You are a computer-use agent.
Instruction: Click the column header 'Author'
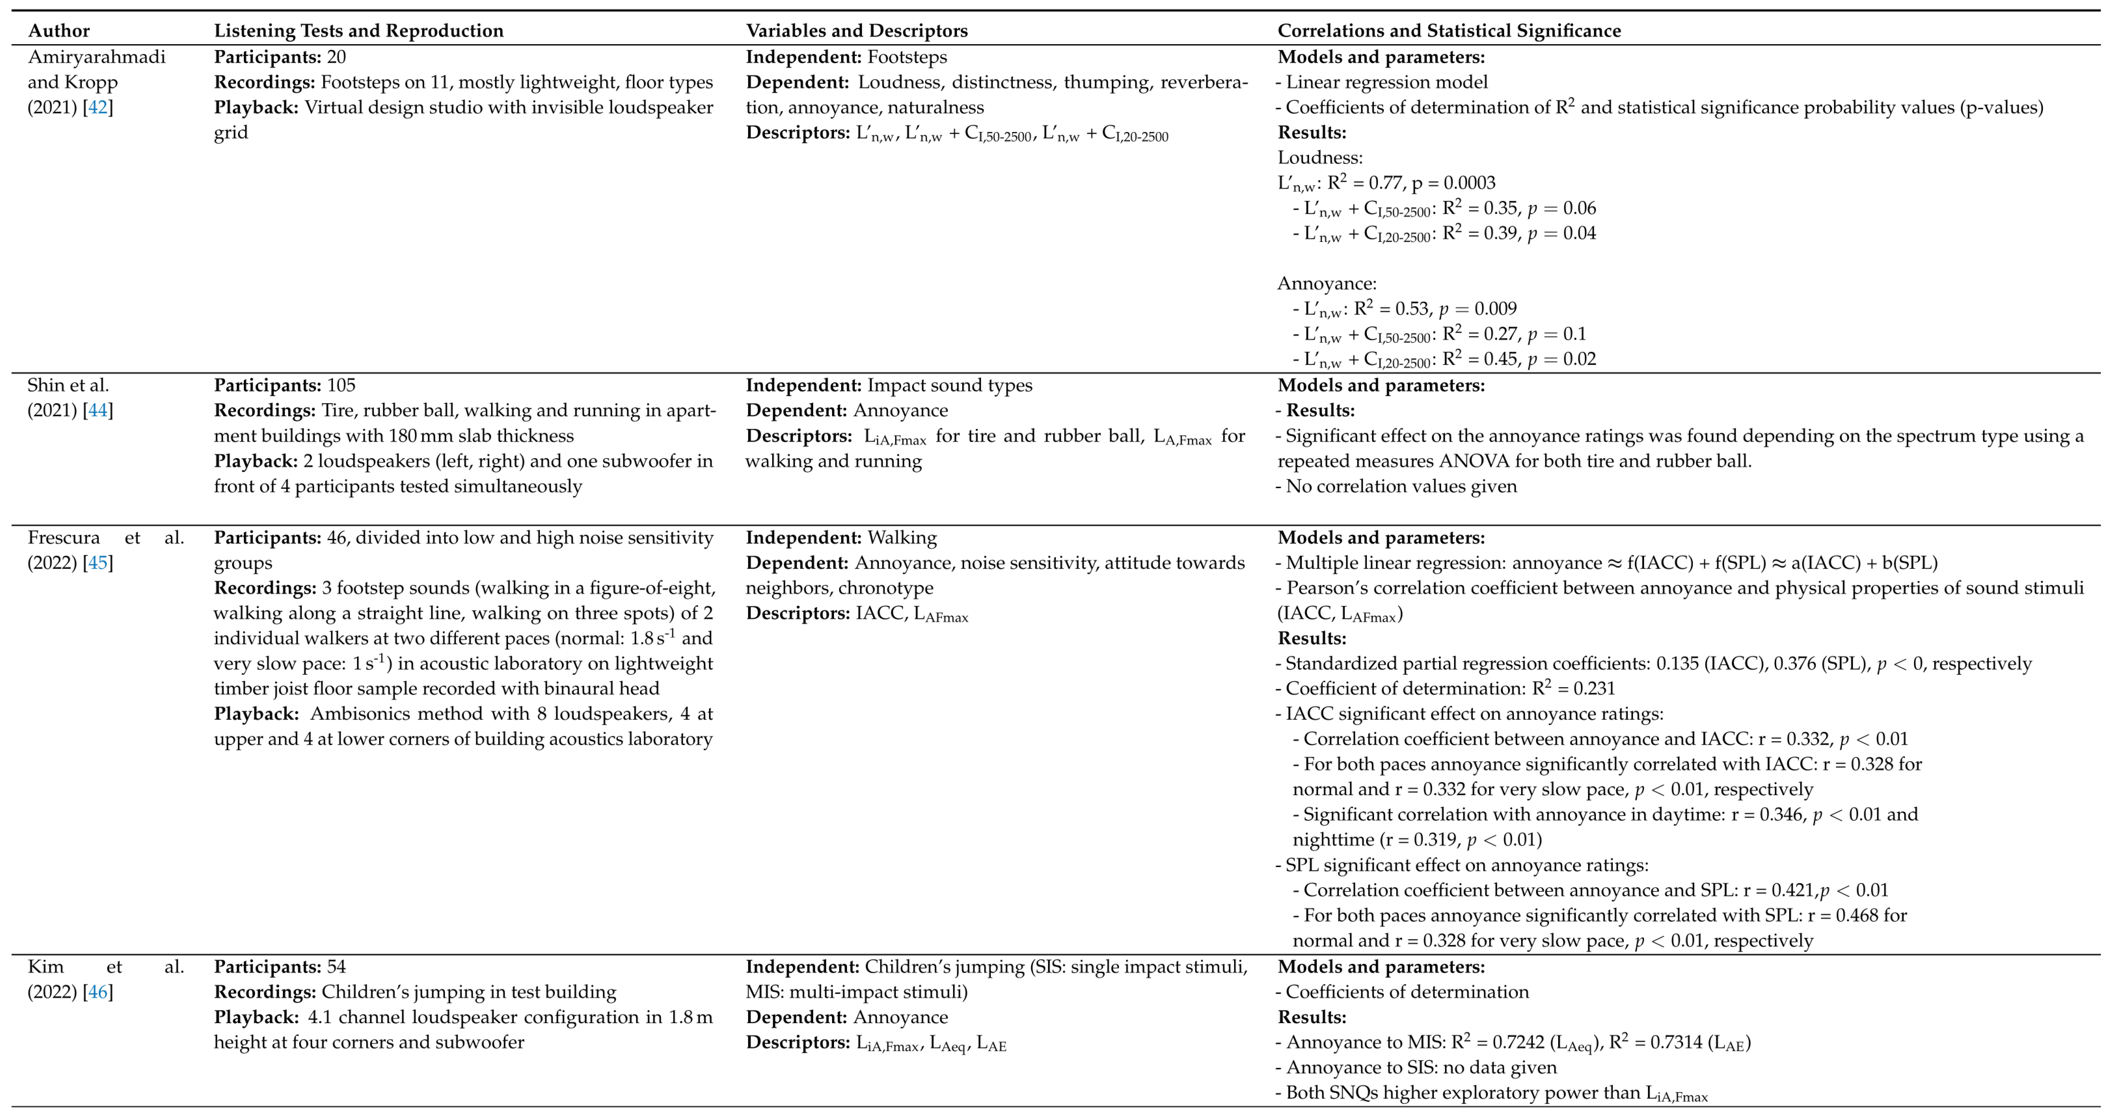tap(59, 31)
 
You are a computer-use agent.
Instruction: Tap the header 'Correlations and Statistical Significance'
tap(1449, 31)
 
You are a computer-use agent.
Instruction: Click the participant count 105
tap(343, 385)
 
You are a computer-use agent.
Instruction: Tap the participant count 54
tap(336, 967)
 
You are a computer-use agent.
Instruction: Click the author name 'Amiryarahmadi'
tap(96, 57)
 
